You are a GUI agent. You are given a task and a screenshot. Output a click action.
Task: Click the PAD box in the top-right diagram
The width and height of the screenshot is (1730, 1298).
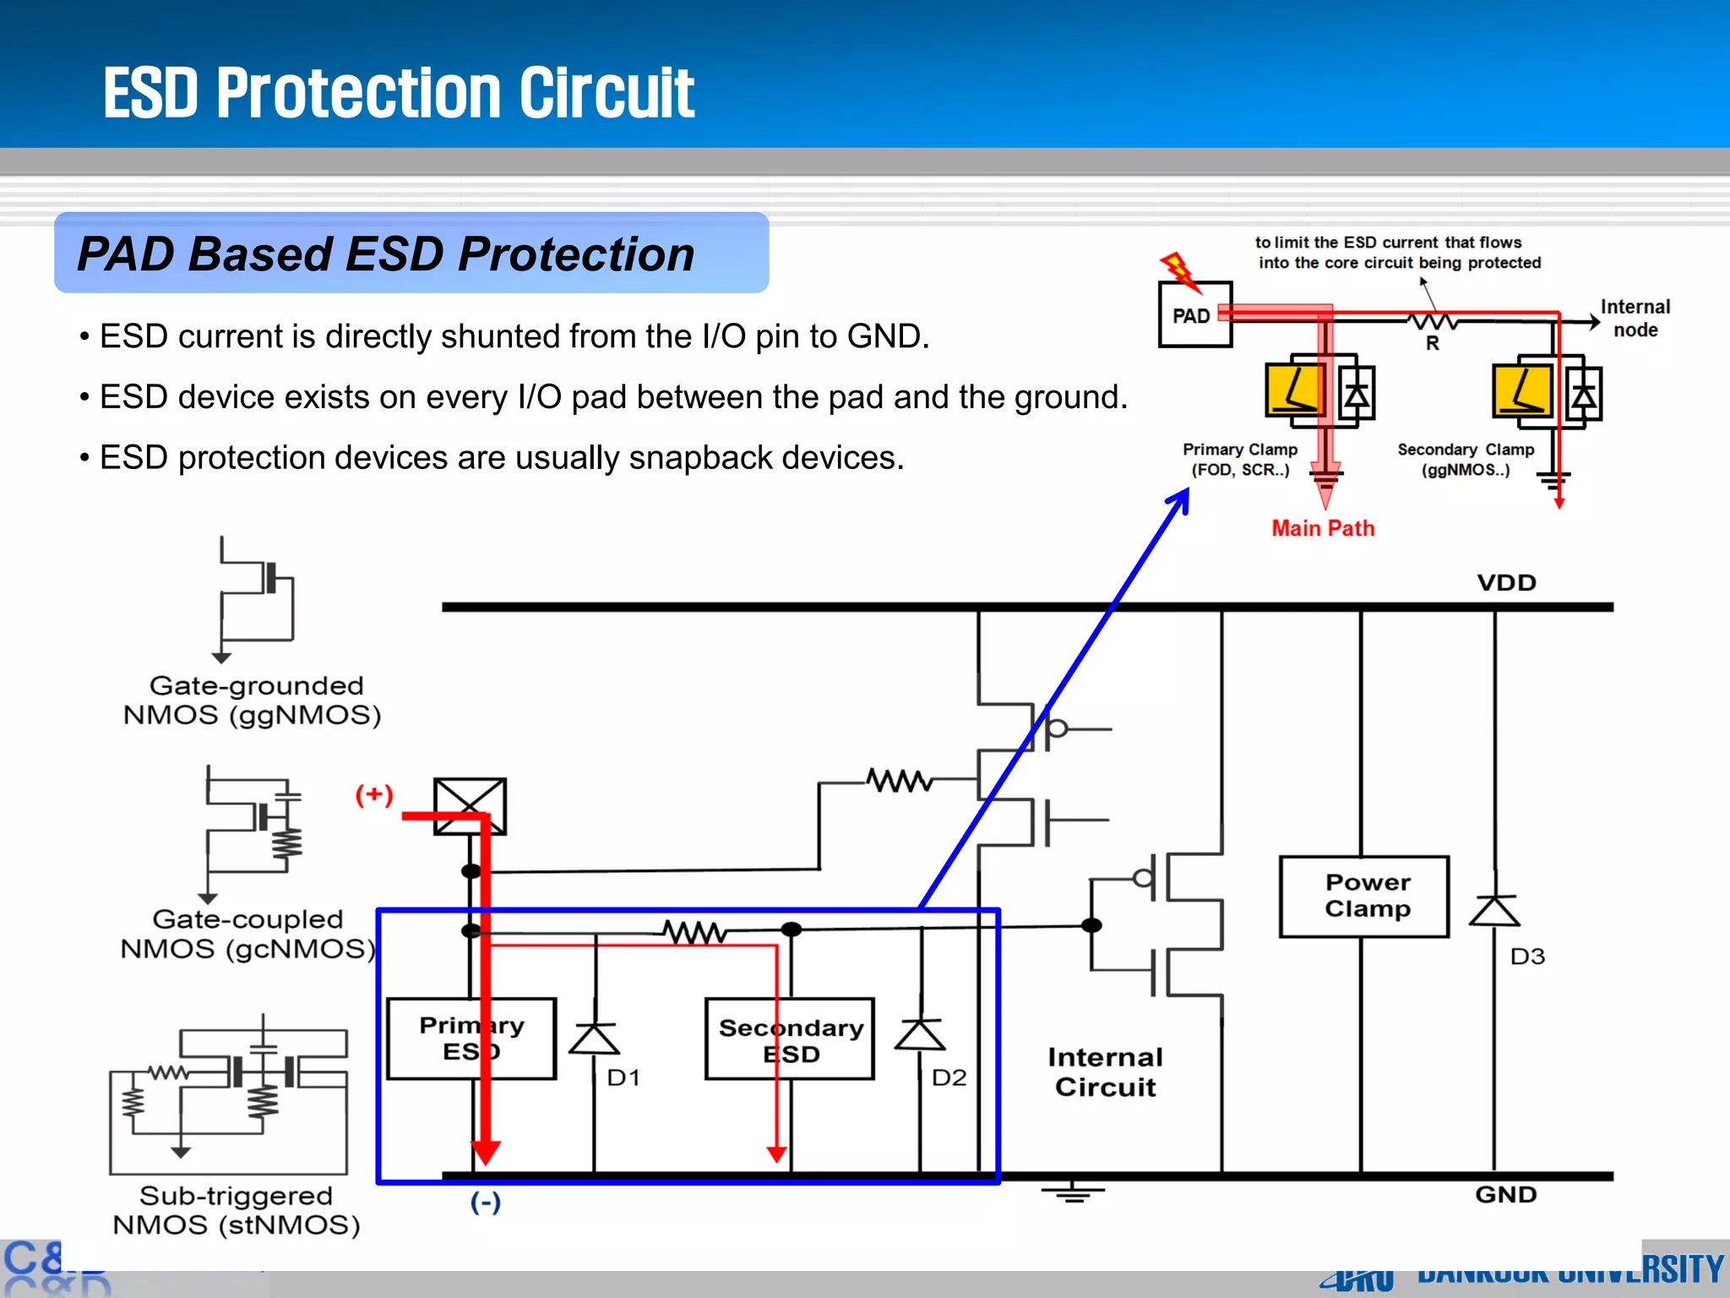(x=1194, y=315)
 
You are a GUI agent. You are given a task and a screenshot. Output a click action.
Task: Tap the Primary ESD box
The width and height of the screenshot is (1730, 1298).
(x=471, y=1039)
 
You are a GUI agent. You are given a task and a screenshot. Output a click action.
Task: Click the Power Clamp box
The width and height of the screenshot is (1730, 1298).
(x=1364, y=897)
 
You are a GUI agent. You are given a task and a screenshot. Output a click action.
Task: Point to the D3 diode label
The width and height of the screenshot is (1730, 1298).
(x=1527, y=957)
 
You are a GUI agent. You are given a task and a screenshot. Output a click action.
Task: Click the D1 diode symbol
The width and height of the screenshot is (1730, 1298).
(x=595, y=1039)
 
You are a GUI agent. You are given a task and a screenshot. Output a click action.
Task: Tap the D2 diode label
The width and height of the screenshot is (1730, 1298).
(x=949, y=1077)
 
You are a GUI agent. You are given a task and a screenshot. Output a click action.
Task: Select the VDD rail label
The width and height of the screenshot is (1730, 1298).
(x=1506, y=583)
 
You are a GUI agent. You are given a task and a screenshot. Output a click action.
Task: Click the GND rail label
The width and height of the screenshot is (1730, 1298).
(x=1505, y=1195)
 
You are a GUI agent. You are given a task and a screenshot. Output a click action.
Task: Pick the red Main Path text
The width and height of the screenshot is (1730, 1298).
(x=1323, y=529)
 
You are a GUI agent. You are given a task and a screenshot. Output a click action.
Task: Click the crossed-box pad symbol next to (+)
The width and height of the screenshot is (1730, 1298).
(x=470, y=807)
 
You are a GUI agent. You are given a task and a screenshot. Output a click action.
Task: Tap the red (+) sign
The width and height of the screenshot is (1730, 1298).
(x=374, y=794)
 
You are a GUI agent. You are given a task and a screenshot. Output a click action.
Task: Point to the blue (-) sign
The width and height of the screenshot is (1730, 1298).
(x=486, y=1202)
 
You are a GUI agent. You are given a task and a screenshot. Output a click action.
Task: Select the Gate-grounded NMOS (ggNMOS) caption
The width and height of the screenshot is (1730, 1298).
(x=253, y=701)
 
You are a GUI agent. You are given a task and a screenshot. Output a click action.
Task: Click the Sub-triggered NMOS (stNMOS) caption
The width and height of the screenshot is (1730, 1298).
(x=237, y=1210)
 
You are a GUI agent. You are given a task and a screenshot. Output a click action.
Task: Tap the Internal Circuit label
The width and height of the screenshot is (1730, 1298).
(x=1105, y=1072)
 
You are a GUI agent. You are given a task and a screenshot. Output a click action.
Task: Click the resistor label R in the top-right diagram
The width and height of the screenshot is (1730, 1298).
(x=1433, y=343)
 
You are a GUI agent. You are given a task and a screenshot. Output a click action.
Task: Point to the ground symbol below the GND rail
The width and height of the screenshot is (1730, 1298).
(x=1073, y=1193)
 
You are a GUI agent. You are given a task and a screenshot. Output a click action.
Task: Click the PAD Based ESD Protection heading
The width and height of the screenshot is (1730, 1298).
(x=386, y=254)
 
